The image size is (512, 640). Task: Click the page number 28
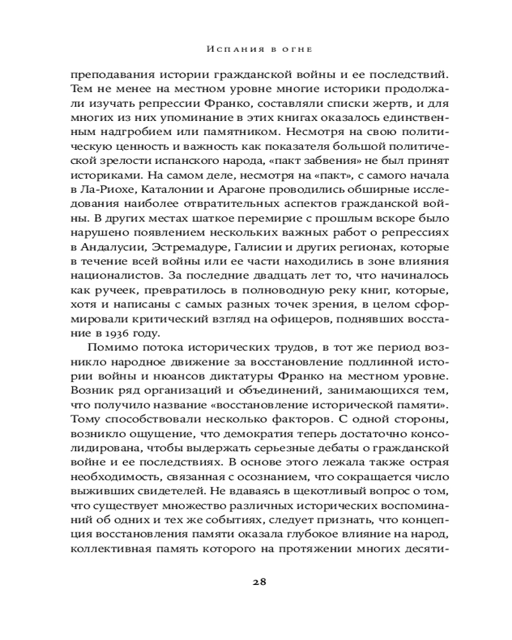point(259,581)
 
